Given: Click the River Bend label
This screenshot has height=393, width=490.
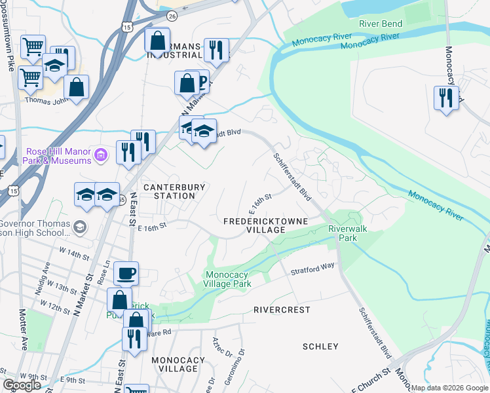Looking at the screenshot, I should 381,24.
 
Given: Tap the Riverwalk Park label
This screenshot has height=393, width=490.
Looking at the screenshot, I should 343,233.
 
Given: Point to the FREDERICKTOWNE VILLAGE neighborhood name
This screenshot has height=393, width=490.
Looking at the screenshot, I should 266,226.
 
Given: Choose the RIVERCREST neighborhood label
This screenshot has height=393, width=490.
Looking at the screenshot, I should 282,310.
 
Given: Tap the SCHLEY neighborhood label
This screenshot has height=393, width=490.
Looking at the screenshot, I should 320,346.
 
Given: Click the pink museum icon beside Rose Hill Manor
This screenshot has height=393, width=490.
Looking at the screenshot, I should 100,155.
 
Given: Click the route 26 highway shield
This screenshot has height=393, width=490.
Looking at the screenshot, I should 172,14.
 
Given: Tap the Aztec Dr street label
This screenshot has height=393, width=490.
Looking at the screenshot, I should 217,346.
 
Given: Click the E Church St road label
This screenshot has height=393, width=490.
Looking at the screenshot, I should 371,378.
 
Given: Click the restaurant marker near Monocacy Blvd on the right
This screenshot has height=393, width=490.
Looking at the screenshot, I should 446,99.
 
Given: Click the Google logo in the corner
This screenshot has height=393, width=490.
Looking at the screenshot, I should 22,385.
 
